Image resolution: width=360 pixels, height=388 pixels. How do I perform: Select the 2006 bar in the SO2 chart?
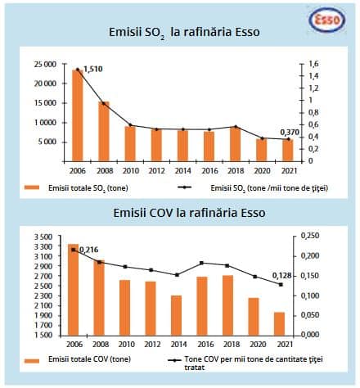pos(79,115)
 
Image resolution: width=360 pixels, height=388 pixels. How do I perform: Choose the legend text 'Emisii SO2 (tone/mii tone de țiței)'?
pos(269,188)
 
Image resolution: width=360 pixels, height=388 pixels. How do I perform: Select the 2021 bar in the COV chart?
pos(280,323)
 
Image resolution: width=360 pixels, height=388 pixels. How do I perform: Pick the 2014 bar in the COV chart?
pos(176,315)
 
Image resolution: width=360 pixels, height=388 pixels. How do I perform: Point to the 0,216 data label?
pos(87,249)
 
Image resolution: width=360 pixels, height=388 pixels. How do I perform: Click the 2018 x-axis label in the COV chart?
pos(228,344)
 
